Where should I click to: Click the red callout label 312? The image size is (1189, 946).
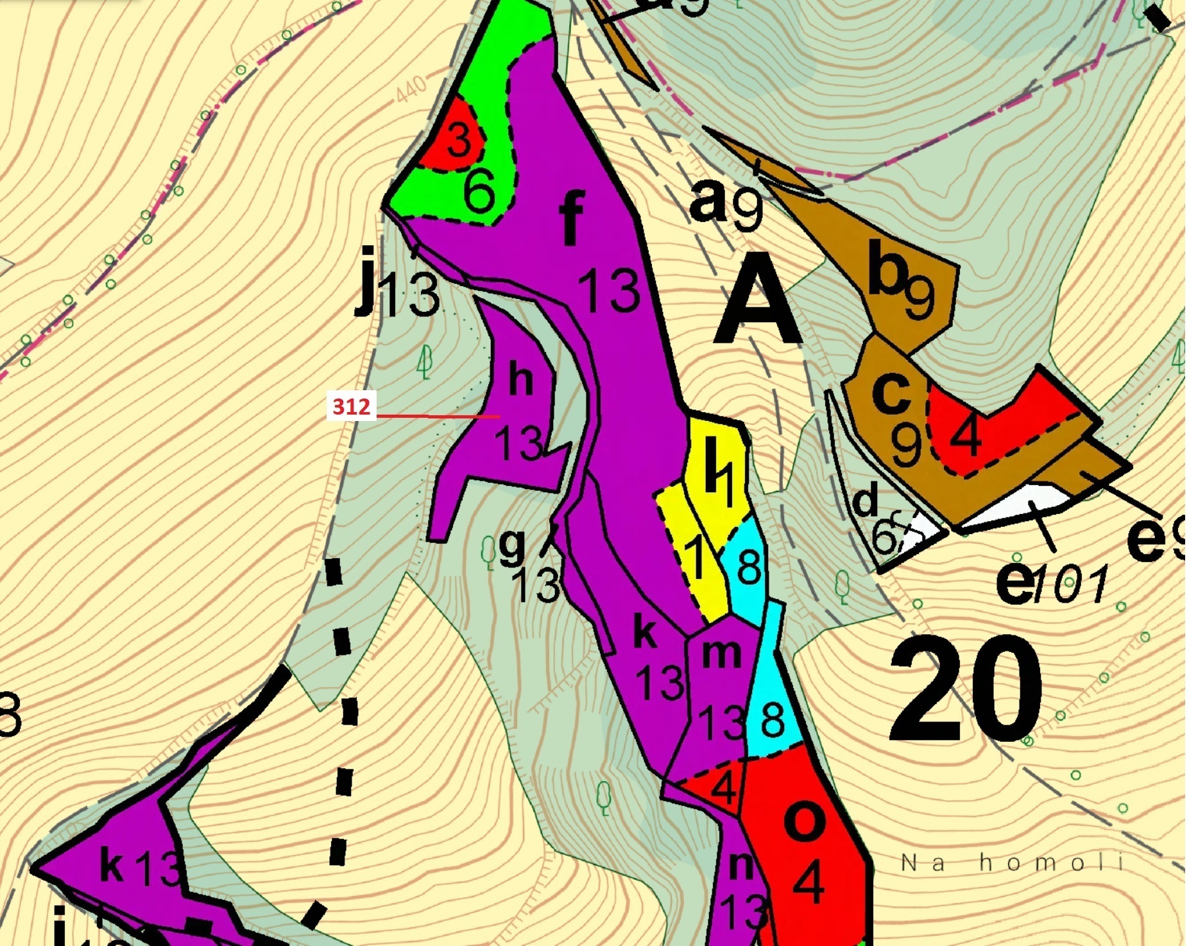pos(351,407)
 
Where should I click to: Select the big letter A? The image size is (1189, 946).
pos(758,305)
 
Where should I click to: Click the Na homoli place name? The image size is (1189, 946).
pos(1012,863)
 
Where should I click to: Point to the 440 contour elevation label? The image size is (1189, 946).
pos(411,89)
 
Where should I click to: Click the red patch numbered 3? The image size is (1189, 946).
pos(458,140)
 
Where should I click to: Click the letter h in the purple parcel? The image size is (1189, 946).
pos(520,380)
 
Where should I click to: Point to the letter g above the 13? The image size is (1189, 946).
pos(512,547)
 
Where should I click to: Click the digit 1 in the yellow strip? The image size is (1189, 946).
pos(696,556)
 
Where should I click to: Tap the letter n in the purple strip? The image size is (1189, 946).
pos(742,867)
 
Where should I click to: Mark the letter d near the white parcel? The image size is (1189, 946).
pos(866,501)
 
